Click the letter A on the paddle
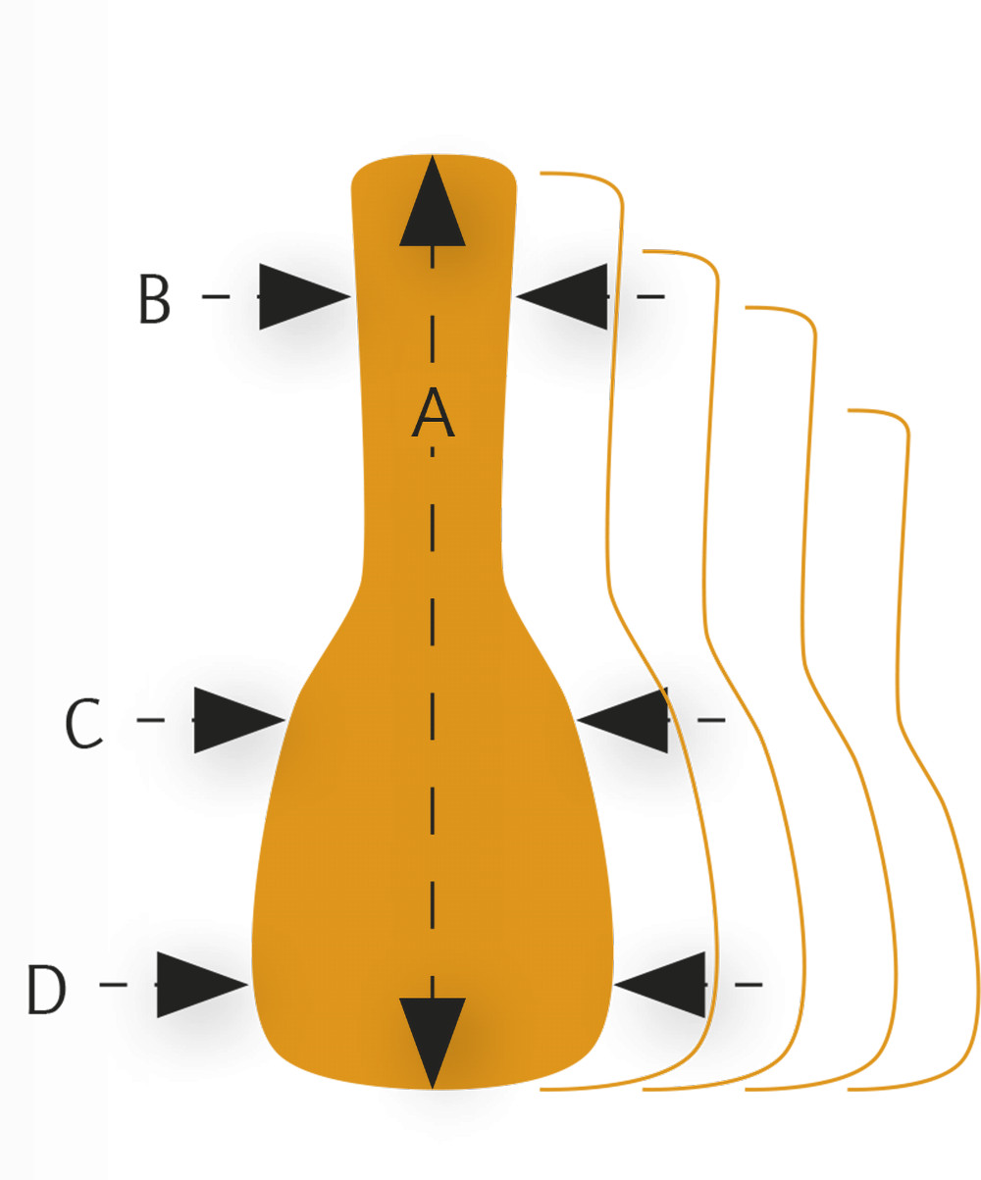pyautogui.click(x=433, y=414)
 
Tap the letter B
pyautogui.click(x=154, y=300)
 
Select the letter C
pyautogui.click(x=83, y=724)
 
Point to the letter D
pyautogui.click(x=45, y=990)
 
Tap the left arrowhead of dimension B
pyautogui.click(x=298, y=296)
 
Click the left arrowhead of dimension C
pyautogui.click(x=233, y=720)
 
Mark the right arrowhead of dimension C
pyautogui.click(x=629, y=720)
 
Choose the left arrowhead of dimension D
pyautogui.click(x=196, y=984)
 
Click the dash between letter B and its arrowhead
pyautogui.click(x=216, y=296)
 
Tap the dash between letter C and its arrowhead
pyautogui.click(x=150, y=720)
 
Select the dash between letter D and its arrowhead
pyautogui.click(x=113, y=984)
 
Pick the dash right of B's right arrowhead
pyautogui.click(x=651, y=296)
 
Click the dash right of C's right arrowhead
pyautogui.click(x=711, y=720)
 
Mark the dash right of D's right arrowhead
pyautogui.click(x=749, y=984)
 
